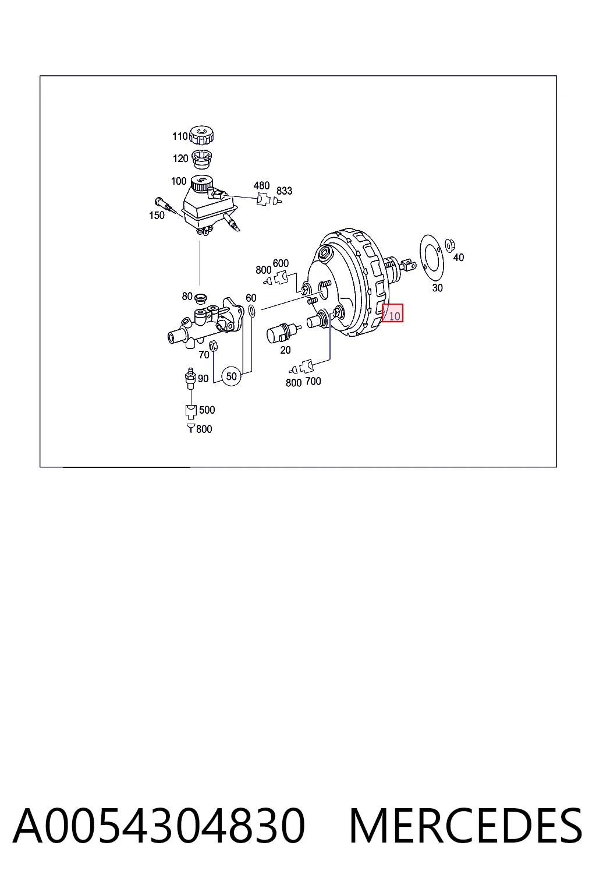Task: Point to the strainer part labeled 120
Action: click(x=202, y=160)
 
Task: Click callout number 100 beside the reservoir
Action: click(x=179, y=181)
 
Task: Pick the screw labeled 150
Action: click(x=166, y=205)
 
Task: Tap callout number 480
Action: click(x=261, y=185)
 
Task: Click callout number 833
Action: click(x=284, y=191)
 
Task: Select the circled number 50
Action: click(x=232, y=376)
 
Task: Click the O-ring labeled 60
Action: click(x=251, y=311)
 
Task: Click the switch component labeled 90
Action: click(x=190, y=379)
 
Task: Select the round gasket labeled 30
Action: click(x=431, y=259)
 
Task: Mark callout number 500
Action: click(x=207, y=410)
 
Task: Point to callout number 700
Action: click(x=313, y=381)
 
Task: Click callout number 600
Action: click(x=281, y=263)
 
